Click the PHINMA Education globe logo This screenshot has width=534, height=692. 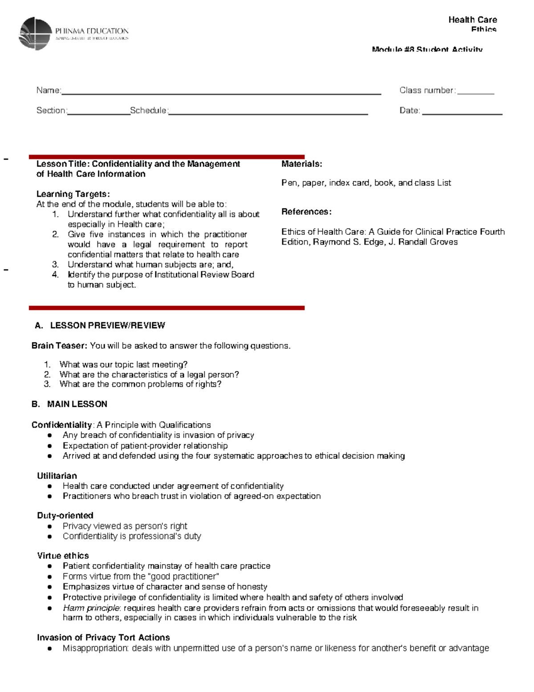pos(35,33)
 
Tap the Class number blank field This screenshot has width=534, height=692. pos(476,92)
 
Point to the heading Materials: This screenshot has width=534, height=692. pos(302,164)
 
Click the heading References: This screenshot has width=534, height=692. pos(306,212)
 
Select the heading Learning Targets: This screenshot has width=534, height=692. pos(73,194)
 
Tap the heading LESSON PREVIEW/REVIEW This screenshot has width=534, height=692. pos(107,325)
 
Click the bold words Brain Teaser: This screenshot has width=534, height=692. pos(59,346)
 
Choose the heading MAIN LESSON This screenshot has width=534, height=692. pos(77,404)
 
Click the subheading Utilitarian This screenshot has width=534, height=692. pos(57,476)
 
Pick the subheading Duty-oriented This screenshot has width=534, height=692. pos(65,516)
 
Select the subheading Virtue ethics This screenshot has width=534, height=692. pos(63,556)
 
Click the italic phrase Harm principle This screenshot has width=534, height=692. pos(91,608)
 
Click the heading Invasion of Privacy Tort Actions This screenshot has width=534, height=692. pos(103,638)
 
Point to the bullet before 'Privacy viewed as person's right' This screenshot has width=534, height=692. pos(50,526)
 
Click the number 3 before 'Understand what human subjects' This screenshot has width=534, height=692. pos(55,265)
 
